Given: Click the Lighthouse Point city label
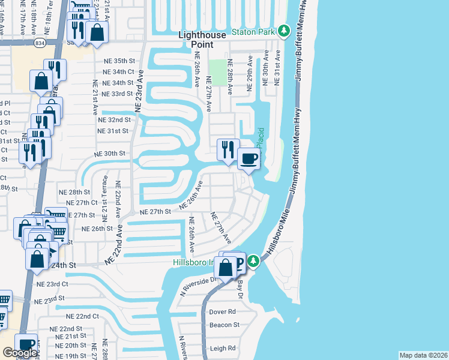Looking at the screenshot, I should [x=203, y=40].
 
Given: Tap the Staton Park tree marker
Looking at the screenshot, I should [x=284, y=31].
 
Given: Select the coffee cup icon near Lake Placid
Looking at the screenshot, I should [x=249, y=160].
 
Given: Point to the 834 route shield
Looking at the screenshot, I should [x=40, y=43].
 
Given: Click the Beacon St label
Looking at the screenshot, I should [x=224, y=325].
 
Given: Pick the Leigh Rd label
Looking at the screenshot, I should [x=222, y=348].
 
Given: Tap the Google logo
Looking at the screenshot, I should [x=20, y=353].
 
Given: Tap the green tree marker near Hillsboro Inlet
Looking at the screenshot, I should [x=253, y=260].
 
